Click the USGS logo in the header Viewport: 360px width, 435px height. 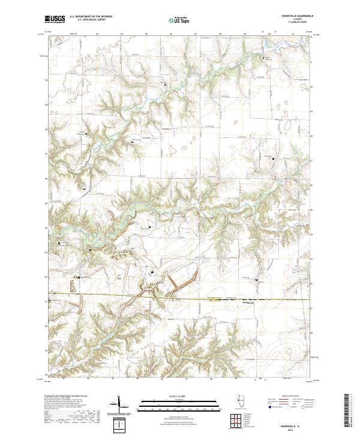55,19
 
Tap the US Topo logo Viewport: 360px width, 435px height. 179,20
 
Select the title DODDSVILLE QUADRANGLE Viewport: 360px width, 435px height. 293,16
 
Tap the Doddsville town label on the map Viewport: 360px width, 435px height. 248,303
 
